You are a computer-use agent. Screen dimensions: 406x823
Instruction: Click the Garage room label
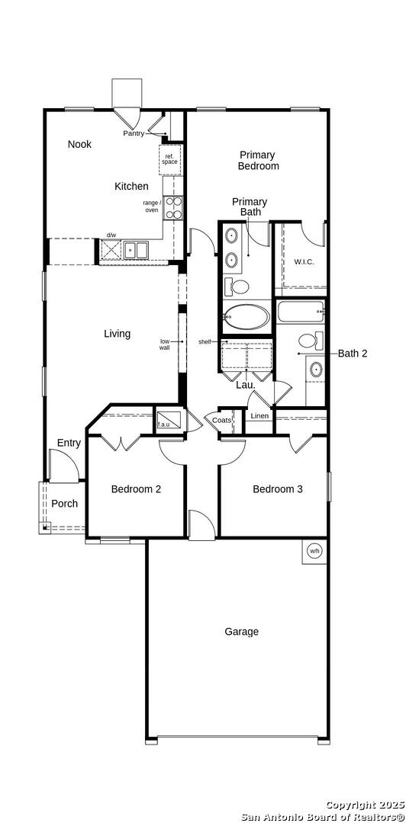tap(241, 632)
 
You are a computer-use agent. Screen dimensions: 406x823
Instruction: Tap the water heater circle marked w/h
tap(314, 551)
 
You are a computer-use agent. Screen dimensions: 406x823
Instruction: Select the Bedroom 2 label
tap(136, 489)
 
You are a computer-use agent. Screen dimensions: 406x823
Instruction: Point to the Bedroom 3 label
tap(278, 489)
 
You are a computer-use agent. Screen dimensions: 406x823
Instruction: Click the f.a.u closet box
tap(169, 419)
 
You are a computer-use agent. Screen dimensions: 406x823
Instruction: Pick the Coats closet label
tap(221, 420)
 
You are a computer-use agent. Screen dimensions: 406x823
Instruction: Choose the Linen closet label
tap(259, 416)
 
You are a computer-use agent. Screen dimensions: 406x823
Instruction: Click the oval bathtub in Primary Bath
tap(246, 317)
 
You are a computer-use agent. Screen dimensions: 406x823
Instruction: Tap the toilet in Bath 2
tap(311, 340)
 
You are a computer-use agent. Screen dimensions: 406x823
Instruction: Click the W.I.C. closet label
tap(304, 261)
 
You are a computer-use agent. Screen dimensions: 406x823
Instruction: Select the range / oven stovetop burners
tap(173, 207)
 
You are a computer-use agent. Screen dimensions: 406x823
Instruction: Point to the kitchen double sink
tap(136, 250)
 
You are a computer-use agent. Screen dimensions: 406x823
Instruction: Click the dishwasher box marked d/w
tap(111, 250)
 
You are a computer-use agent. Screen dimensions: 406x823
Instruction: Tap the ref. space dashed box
tap(170, 159)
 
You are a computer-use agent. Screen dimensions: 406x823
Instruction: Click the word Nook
tap(79, 144)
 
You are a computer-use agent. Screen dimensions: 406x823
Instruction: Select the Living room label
tap(117, 333)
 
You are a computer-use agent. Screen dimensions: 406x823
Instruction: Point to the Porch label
tap(64, 504)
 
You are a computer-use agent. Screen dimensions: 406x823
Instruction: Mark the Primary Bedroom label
tap(258, 160)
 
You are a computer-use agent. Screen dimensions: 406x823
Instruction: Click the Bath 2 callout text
tap(353, 354)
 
